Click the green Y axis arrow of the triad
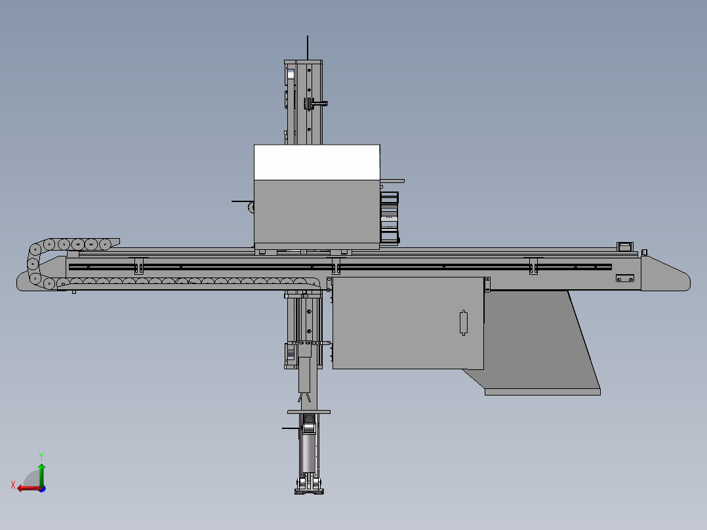coord(41,472)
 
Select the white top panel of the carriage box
coord(317,162)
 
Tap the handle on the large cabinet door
coord(464,322)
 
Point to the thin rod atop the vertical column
coord(308,47)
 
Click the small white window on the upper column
coord(291,74)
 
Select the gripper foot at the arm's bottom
coord(310,487)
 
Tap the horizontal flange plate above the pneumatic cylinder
coord(309,412)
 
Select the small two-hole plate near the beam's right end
coord(624,279)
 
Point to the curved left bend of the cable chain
coord(31,264)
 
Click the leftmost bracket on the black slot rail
coord(138,266)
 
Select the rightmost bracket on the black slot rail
coord(534,266)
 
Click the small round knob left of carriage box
coord(251,207)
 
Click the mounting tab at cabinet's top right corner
coord(487,285)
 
